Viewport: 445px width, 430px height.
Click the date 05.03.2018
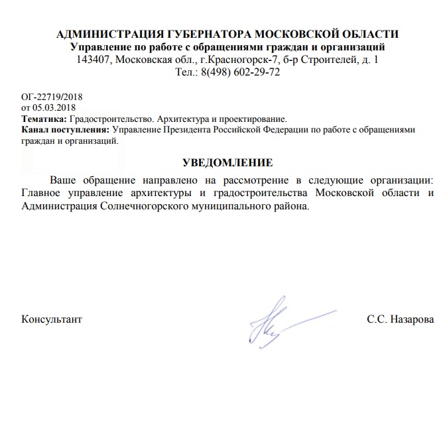[54, 108]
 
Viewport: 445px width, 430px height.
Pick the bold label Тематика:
[40, 119]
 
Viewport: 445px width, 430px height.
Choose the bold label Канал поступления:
[66, 130]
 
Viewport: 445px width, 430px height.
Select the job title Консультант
[52, 319]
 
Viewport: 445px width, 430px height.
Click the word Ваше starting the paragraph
[64, 180]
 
